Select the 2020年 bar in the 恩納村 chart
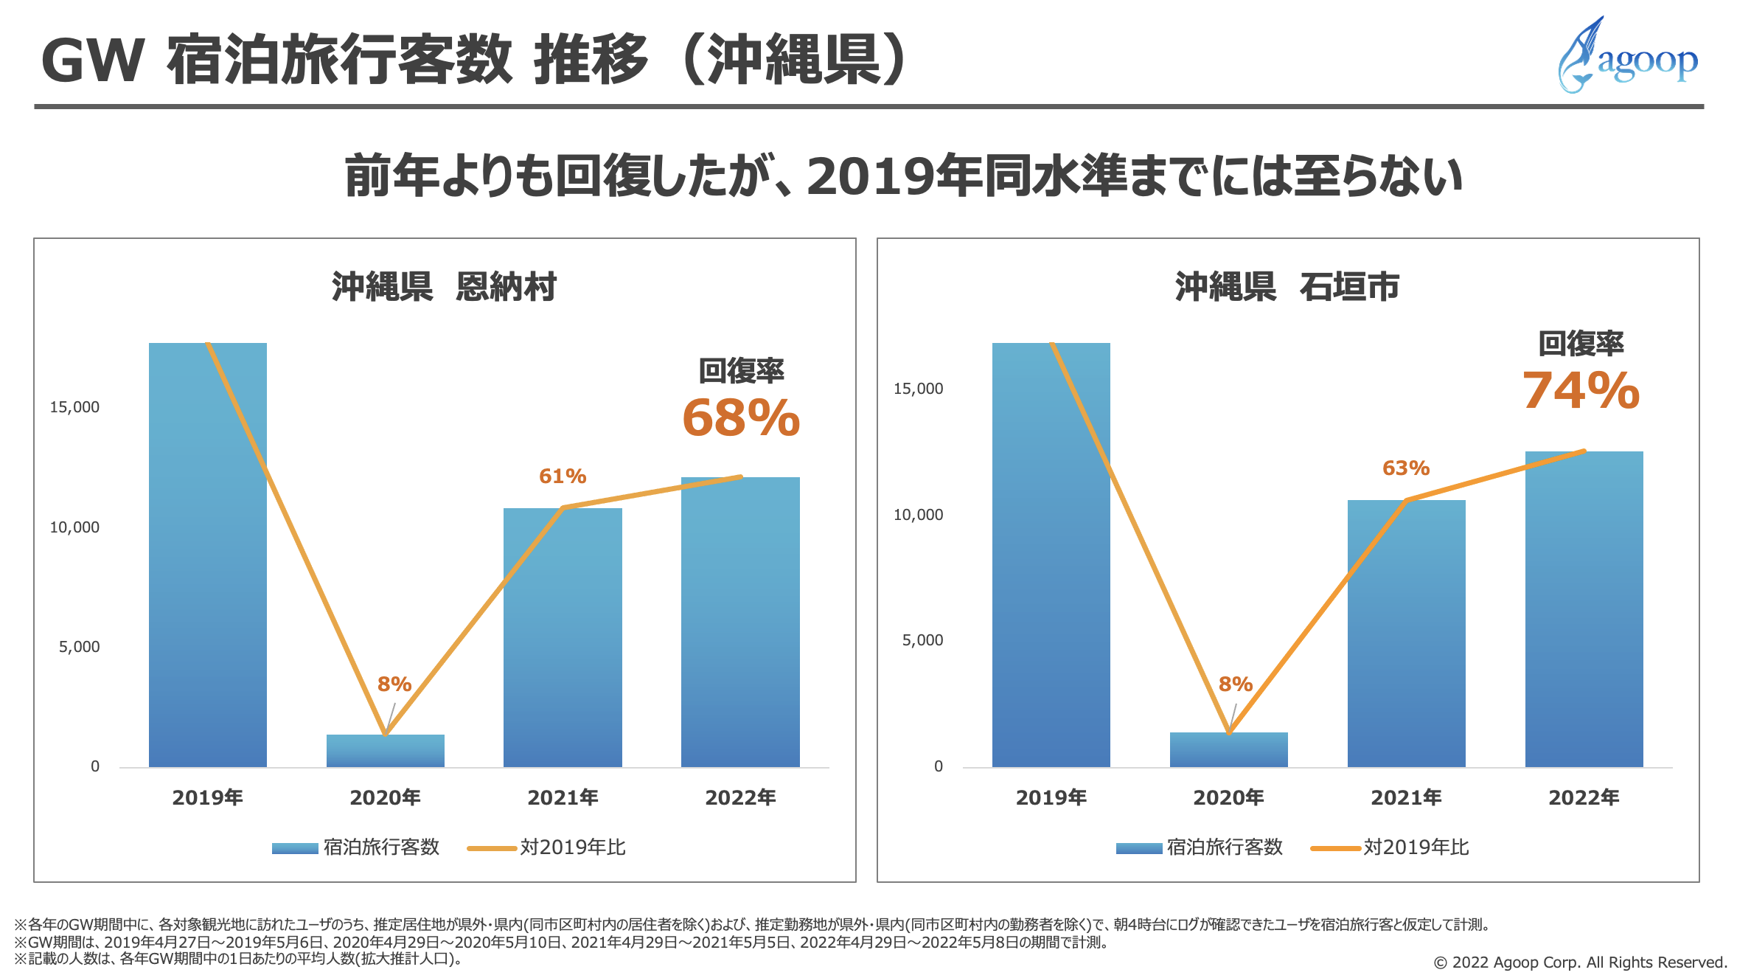[385, 750]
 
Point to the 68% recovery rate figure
[741, 418]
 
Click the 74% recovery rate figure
[1581, 390]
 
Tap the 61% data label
[563, 476]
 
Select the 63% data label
[1405, 468]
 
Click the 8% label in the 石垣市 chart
[1235, 684]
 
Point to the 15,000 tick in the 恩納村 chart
[74, 407]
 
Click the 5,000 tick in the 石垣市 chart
[922, 640]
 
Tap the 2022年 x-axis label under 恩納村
[740, 797]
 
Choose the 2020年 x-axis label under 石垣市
[1228, 797]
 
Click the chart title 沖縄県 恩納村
[444, 287]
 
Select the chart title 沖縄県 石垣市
[1287, 287]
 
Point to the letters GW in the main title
[93, 60]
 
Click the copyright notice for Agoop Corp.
[1580, 962]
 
